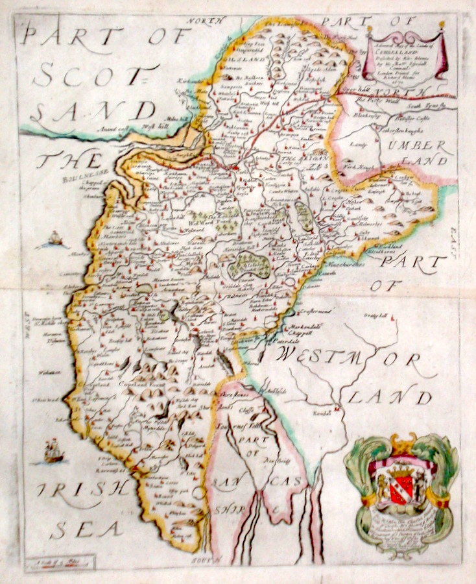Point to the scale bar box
(x=60, y=561)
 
